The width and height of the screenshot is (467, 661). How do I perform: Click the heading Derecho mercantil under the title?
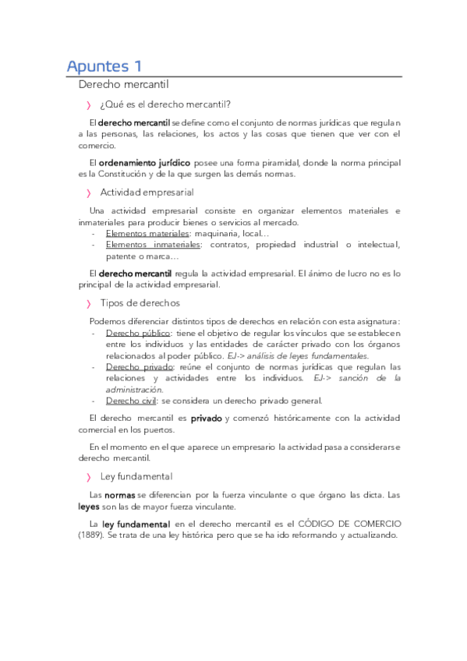point(124,83)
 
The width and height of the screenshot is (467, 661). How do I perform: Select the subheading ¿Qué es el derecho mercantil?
point(165,105)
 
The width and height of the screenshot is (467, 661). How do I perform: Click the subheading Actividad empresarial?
point(147,192)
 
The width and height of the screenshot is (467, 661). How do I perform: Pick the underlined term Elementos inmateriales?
point(153,245)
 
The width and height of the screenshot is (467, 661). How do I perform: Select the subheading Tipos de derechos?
point(140,302)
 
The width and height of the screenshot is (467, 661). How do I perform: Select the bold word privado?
point(207,419)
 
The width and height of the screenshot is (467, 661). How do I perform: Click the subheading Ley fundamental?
point(136,476)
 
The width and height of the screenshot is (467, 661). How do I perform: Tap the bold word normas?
point(120,495)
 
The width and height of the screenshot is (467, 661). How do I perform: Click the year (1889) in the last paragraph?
point(92,536)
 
